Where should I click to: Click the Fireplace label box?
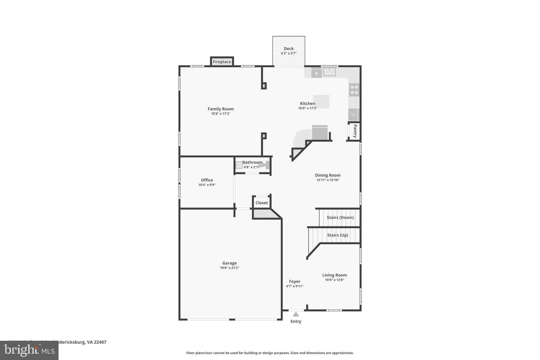pos(222,62)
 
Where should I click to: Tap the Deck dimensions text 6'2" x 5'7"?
pos(289,53)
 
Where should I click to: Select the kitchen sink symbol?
pos(329,72)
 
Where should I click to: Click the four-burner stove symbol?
pos(354,90)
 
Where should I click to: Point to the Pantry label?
pos(355,131)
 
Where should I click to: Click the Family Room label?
pos(220,109)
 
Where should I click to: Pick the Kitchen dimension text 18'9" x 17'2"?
pos(307,108)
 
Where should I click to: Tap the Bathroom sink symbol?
pos(239,165)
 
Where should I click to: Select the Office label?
pos(207,180)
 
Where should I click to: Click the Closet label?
pos(262,203)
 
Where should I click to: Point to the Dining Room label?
pos(327,175)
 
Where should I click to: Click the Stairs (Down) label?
pos(340,217)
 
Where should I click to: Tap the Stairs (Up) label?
pos(337,235)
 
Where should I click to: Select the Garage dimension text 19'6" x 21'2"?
pos(229,268)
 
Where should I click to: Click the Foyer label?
pos(295,281)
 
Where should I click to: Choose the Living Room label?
pos(334,275)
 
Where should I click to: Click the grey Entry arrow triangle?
pos(296,314)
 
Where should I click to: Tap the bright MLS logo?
pos(29,351)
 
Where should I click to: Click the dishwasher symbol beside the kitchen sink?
pos(316,73)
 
